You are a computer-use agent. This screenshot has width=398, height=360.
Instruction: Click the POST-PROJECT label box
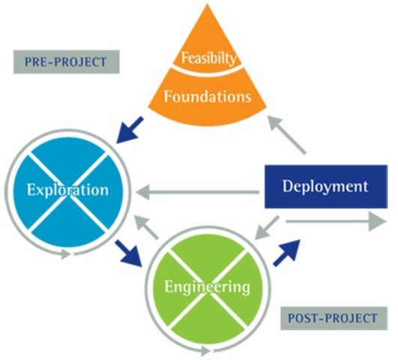click(x=333, y=318)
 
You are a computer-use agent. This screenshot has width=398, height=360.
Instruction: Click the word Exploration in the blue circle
click(x=67, y=190)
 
